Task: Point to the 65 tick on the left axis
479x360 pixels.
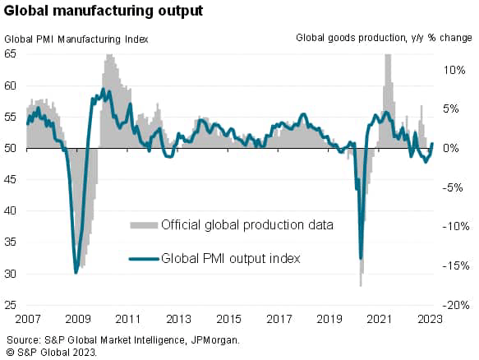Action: pos(12,53)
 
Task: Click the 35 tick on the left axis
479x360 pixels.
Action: pos(12,242)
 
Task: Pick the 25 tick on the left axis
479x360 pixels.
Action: pos(12,305)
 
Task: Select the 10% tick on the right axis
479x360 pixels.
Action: pos(456,70)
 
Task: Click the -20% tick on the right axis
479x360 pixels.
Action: pos(454,305)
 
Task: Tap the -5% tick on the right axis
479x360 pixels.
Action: pos(457,187)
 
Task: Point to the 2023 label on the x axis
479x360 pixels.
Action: pos(429,319)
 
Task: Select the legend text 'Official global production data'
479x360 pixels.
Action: pos(246,225)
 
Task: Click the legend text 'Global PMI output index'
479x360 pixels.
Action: pos(231,259)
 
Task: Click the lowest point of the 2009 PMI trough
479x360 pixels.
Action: pos(76,272)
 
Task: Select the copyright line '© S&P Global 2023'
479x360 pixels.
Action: pos(51,352)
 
